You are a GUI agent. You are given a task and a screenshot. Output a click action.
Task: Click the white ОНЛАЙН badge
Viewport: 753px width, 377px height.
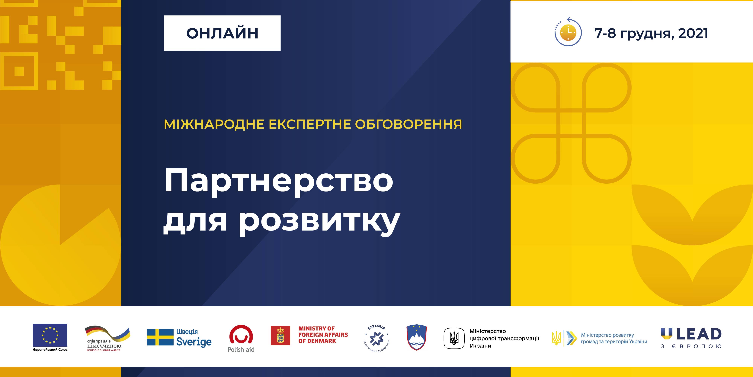(x=222, y=33)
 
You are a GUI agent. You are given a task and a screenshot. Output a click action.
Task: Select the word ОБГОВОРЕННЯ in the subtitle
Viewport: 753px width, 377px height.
(x=408, y=124)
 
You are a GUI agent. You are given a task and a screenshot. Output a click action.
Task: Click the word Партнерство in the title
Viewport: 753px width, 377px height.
(x=279, y=181)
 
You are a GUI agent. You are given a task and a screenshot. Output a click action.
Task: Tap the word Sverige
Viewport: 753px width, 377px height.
(x=194, y=342)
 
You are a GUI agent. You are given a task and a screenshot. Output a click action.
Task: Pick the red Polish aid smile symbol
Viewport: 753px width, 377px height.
(x=241, y=334)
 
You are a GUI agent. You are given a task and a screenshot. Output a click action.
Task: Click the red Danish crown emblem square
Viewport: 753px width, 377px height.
(x=281, y=336)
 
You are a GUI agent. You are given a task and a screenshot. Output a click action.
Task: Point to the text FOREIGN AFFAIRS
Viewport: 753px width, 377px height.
(x=323, y=335)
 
